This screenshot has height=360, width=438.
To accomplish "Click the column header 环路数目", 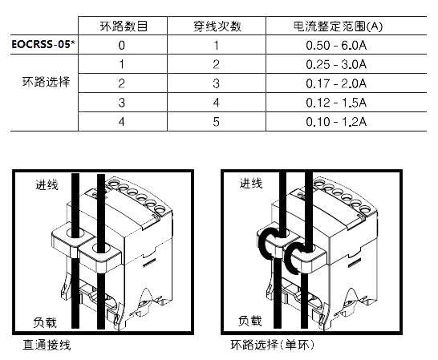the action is [124, 26].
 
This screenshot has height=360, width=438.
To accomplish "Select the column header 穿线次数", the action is [217, 26].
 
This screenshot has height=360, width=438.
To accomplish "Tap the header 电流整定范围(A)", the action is [338, 26].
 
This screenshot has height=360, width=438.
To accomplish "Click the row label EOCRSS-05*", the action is [44, 44].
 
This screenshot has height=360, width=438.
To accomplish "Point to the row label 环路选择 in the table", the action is [46, 82].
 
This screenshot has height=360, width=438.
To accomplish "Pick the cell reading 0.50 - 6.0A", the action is [336, 45].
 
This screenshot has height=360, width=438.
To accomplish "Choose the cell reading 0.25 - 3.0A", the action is [336, 64].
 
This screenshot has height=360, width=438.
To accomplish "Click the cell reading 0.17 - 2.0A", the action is [336, 83].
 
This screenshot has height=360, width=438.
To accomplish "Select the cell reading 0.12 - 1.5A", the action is [336, 103].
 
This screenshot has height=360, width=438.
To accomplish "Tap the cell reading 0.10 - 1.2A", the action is [336, 122].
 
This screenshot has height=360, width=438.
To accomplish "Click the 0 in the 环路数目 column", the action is [121, 45].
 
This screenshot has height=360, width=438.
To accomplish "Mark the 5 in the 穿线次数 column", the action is [217, 122].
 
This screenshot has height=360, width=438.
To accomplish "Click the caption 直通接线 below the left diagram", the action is [47, 345].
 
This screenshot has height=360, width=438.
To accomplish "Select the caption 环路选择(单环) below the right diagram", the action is [273, 345].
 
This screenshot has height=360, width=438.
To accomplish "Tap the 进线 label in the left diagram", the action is [47, 184].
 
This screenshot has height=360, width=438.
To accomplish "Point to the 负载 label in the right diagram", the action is [250, 322].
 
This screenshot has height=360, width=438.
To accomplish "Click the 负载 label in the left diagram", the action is [45, 322].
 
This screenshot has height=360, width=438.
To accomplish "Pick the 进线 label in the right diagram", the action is [251, 184].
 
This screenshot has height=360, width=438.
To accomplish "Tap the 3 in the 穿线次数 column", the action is [217, 83].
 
